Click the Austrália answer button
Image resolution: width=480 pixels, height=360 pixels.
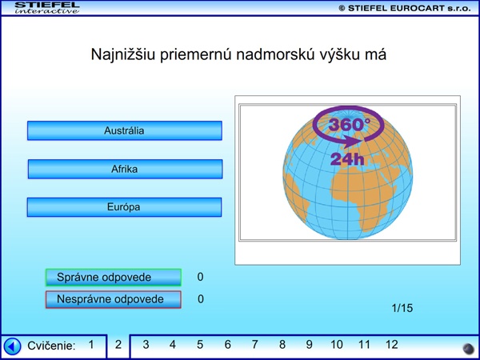pyautogui.click(x=125, y=130)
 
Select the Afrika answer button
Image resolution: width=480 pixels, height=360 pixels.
pyautogui.click(x=125, y=169)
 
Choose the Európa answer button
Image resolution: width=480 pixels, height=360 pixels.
pyautogui.click(x=124, y=207)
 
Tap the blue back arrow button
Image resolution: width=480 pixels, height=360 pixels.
pyautogui.click(x=12, y=346)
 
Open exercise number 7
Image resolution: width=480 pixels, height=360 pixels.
pyautogui.click(x=254, y=345)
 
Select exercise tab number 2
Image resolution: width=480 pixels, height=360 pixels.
pyautogui.click(x=118, y=345)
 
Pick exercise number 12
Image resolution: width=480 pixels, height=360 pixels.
pyautogui.click(x=391, y=345)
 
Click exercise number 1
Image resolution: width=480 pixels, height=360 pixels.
pyautogui.click(x=91, y=345)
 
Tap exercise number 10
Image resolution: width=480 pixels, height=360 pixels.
pyautogui.click(x=337, y=345)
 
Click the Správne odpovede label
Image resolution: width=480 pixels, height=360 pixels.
pyautogui.click(x=114, y=278)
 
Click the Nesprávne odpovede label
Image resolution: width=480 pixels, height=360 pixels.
pyautogui.click(x=114, y=299)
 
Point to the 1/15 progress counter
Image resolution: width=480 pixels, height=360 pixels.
pyautogui.click(x=402, y=308)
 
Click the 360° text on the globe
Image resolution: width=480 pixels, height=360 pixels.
pyautogui.click(x=350, y=124)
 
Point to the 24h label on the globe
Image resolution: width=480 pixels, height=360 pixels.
pyautogui.click(x=347, y=159)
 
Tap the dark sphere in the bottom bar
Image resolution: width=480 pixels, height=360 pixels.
pyautogui.click(x=468, y=349)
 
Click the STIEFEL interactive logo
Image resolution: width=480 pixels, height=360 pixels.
pyautogui.click(x=47, y=8)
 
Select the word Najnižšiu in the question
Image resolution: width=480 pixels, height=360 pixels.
pyautogui.click(x=123, y=54)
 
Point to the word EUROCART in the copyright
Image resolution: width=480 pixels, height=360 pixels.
pyautogui.click(x=418, y=8)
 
